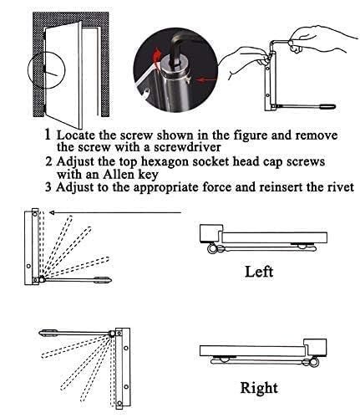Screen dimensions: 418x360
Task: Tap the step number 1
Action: click(48, 135)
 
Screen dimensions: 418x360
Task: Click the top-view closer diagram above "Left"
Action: click(255, 239)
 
